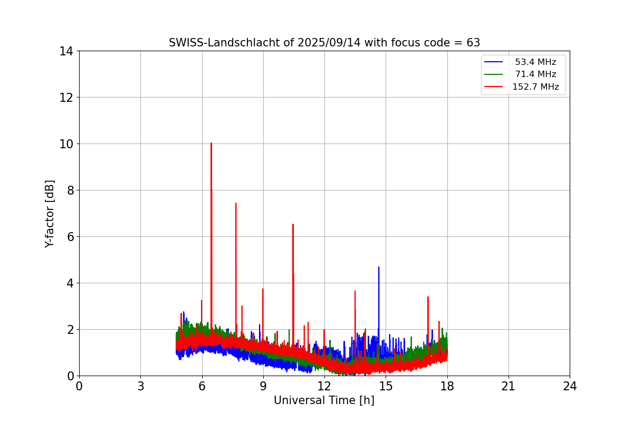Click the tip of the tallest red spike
[x=211, y=143]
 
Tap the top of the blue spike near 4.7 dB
[x=378, y=267]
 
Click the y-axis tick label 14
[x=66, y=51]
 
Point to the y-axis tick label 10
[x=66, y=144]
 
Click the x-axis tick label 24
[x=570, y=387]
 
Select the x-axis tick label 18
[x=447, y=387]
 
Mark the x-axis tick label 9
[x=263, y=387]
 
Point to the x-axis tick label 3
[x=140, y=387]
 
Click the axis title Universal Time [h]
[x=324, y=400]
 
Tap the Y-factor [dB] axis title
[x=50, y=214]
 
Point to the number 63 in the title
[x=473, y=43]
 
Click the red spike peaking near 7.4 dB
[x=236, y=203]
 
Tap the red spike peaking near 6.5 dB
[x=293, y=224]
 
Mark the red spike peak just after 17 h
[x=428, y=297]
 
